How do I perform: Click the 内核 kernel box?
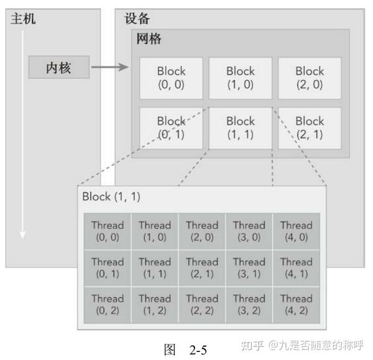tap(58, 67)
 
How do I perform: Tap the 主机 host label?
tap(23, 19)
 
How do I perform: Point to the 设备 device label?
tap(137, 19)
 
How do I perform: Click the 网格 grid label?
tap(149, 39)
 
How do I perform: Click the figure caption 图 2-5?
tap(185, 349)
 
